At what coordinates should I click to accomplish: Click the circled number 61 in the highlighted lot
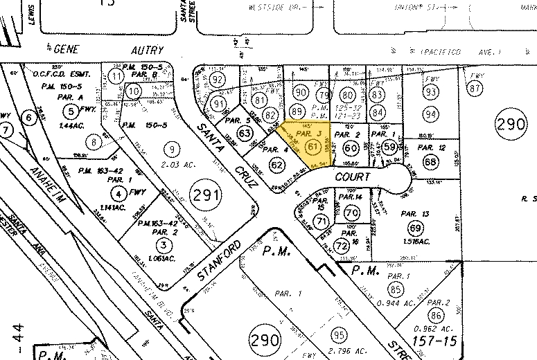[x=312, y=146]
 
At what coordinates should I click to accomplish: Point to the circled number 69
[x=416, y=228]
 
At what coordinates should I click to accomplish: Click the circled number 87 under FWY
[x=475, y=89]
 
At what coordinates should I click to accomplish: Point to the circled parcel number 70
[x=351, y=213]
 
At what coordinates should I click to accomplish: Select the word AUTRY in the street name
[x=146, y=50]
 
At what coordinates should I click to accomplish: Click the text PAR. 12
[x=432, y=147]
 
